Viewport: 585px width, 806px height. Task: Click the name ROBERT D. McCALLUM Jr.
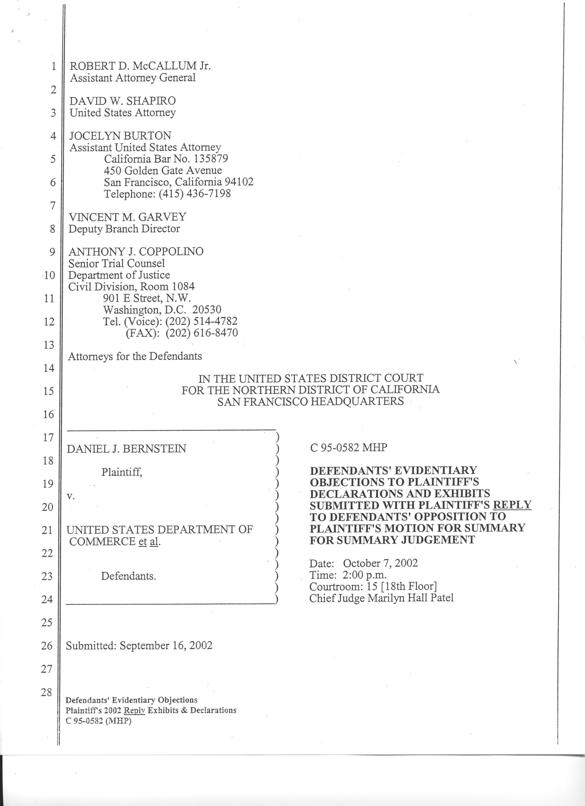pos(140,66)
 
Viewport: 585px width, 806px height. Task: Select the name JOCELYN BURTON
pos(120,136)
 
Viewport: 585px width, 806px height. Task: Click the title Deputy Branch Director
pos(124,228)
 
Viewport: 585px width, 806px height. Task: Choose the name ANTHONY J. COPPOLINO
pos(136,252)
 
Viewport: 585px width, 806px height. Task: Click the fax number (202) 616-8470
pos(202,333)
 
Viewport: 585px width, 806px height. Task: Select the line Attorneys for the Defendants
pos(135,356)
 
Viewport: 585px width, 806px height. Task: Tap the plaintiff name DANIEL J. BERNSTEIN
pos(126,449)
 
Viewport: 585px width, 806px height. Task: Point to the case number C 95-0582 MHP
pos(348,447)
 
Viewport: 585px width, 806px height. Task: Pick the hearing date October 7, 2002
pos(380,563)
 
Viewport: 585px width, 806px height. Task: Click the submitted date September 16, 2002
pos(166,645)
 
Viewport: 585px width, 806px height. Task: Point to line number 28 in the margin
pos(47,692)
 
